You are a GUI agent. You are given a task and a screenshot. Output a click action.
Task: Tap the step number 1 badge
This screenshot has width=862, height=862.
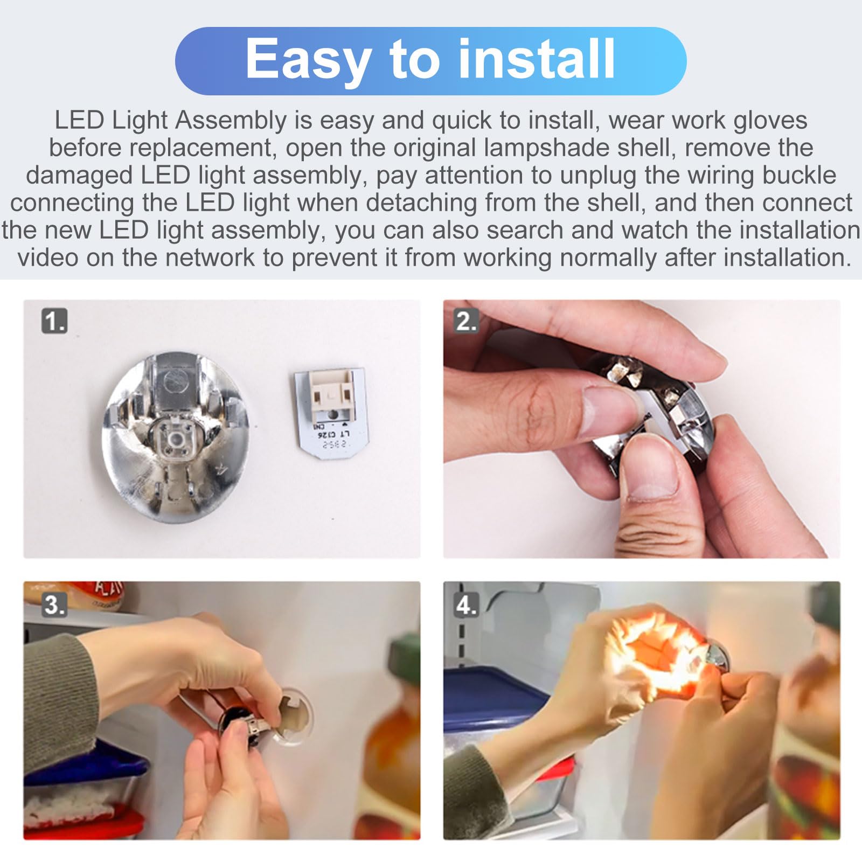(54, 322)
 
